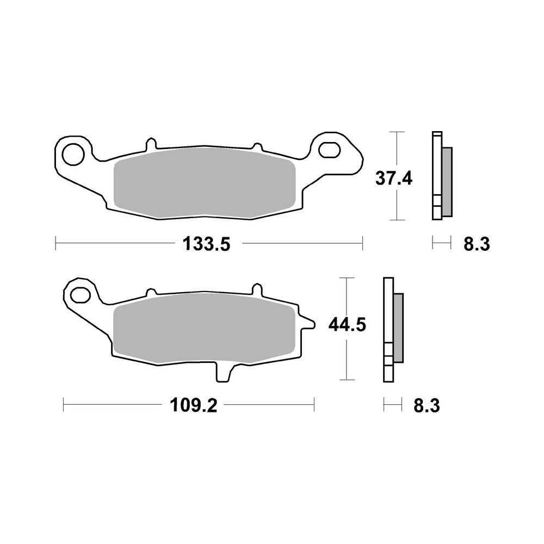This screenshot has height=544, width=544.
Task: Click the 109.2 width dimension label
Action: pyautogui.click(x=190, y=405)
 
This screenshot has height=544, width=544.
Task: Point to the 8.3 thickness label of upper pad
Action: pyautogui.click(x=477, y=244)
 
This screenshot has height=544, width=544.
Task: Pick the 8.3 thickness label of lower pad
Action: pyautogui.click(x=426, y=405)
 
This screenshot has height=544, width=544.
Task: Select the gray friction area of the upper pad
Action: pyautogui.click(x=204, y=182)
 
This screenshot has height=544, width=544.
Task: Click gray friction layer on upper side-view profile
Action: pyautogui.click(x=446, y=181)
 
